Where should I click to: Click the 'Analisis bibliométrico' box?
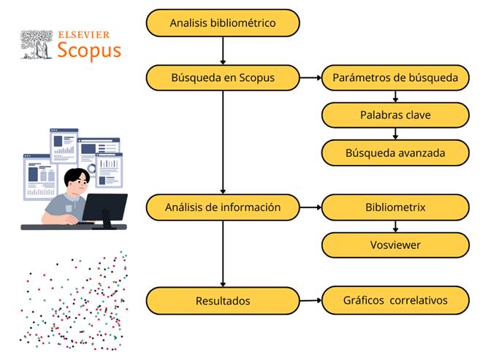(x=223, y=23)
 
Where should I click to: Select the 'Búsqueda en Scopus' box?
(x=223, y=78)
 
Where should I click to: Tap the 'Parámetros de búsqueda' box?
(x=395, y=78)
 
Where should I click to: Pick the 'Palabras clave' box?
(x=395, y=115)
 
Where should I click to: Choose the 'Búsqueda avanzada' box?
(x=395, y=153)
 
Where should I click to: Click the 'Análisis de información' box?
(x=223, y=207)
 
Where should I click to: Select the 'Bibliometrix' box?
(x=395, y=207)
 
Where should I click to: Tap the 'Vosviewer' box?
(x=395, y=245)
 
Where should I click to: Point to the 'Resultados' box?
(x=223, y=301)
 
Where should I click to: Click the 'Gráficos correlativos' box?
(x=395, y=300)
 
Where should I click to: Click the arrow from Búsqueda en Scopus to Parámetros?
(x=310, y=78)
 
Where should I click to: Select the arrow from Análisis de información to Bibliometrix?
(x=310, y=207)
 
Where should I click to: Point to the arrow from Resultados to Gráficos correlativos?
(x=310, y=301)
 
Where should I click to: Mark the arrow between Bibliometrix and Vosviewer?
(x=395, y=226)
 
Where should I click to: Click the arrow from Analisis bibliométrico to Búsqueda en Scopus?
(x=223, y=50)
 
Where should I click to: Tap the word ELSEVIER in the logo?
(x=84, y=35)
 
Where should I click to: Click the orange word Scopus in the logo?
(x=89, y=50)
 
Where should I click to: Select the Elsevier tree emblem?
(x=37, y=45)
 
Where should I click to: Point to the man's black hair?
(x=76, y=176)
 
